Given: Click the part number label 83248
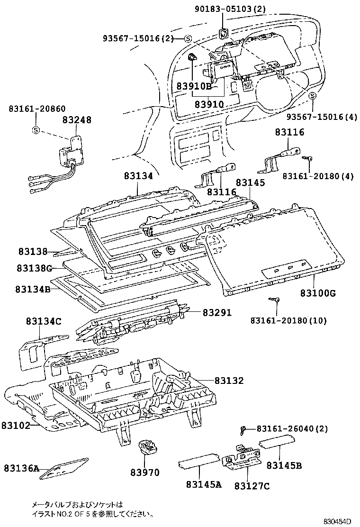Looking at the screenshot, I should (76, 120).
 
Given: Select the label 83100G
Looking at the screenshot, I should (317, 293).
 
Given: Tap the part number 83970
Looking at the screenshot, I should (145, 472).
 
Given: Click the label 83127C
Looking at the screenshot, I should (252, 485).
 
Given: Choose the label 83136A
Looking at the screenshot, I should (22, 468).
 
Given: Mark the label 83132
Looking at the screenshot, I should (229, 381).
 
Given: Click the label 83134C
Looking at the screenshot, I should (44, 322).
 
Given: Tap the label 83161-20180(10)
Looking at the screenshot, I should (288, 321).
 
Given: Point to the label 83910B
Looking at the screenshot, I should (194, 86).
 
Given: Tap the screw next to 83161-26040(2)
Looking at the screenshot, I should (243, 429).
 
